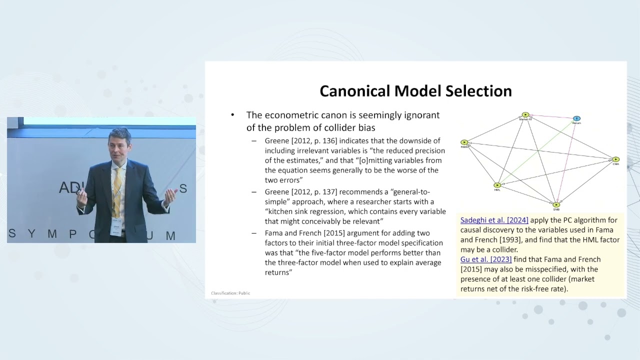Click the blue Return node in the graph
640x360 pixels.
[x=576, y=118]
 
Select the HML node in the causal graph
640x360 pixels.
[x=497, y=185]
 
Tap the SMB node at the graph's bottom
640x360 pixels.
[x=556, y=204]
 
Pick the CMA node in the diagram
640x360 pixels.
[x=615, y=159]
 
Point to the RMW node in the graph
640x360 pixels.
[x=464, y=142]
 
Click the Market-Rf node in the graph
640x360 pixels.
[x=525, y=115]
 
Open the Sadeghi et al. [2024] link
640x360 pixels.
[x=494, y=220]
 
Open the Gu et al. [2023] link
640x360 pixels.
[x=486, y=259]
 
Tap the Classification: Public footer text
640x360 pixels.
[x=230, y=293]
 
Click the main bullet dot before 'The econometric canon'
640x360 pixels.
[x=232, y=115]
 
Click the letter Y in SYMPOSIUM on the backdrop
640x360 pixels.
[x=31, y=234]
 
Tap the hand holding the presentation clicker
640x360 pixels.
[x=81, y=196]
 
